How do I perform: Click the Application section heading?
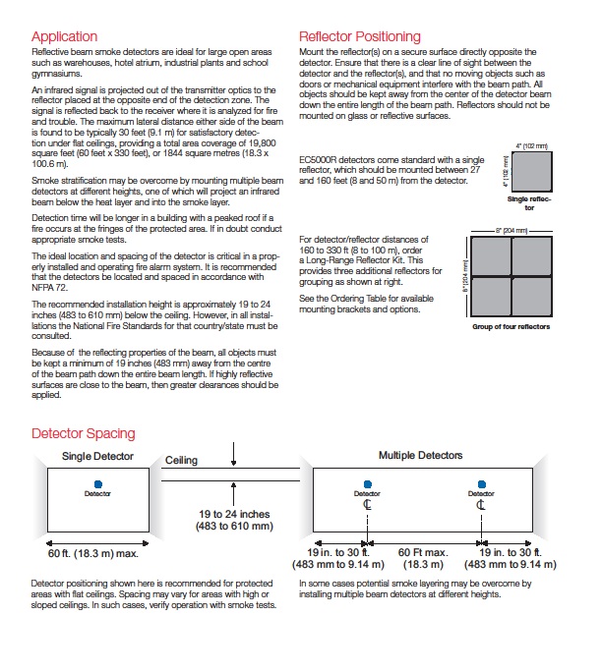pos(64,37)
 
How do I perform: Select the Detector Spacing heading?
pos(84,433)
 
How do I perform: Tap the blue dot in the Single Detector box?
pos(97,483)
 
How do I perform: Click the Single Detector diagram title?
pos(97,457)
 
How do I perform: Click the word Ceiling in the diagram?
pos(182,459)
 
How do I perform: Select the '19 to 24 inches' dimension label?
pos(235,513)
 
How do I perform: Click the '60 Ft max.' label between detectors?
pos(424,553)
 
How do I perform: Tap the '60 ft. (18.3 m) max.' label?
pos(93,553)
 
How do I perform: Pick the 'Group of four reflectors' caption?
pos(512,326)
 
